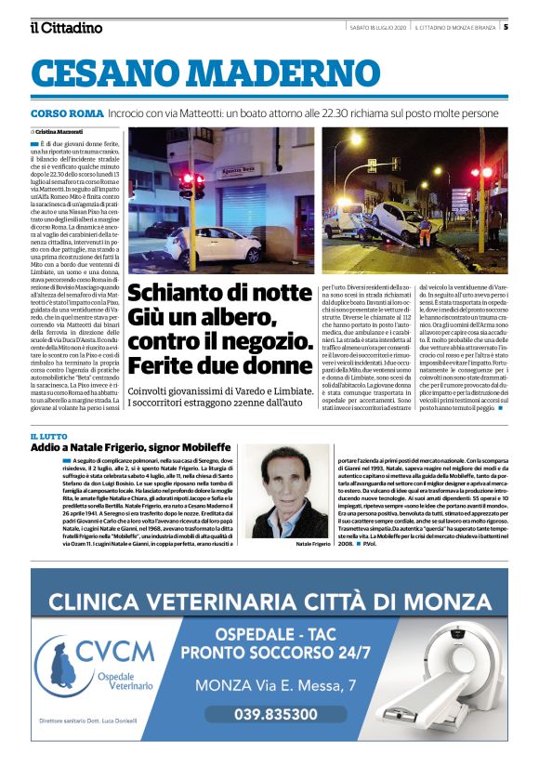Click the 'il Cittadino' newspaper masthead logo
point(65,27)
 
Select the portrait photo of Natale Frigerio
point(291,492)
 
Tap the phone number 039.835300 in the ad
point(275,714)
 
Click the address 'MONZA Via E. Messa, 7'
point(275,685)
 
